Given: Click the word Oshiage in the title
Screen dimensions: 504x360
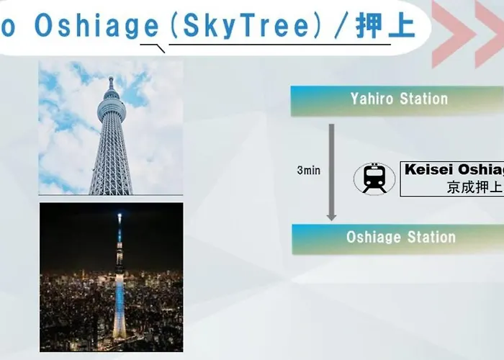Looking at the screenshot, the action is click(96, 26).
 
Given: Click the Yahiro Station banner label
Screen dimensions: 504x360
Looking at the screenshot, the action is click(399, 99).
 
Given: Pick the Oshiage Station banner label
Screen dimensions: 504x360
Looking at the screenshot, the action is click(401, 237).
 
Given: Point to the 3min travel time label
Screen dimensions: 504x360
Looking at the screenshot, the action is click(309, 171).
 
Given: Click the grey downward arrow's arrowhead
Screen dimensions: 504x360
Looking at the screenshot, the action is click(331, 217).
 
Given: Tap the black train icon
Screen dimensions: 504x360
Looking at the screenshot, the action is click(374, 179).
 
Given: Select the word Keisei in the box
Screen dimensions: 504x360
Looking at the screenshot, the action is click(428, 170).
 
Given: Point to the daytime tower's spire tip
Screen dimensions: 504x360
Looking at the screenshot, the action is click(111, 78).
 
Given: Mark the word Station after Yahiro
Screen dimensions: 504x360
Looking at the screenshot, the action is click(423, 99).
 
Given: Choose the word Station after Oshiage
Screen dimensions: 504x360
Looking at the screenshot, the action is click(432, 237).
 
